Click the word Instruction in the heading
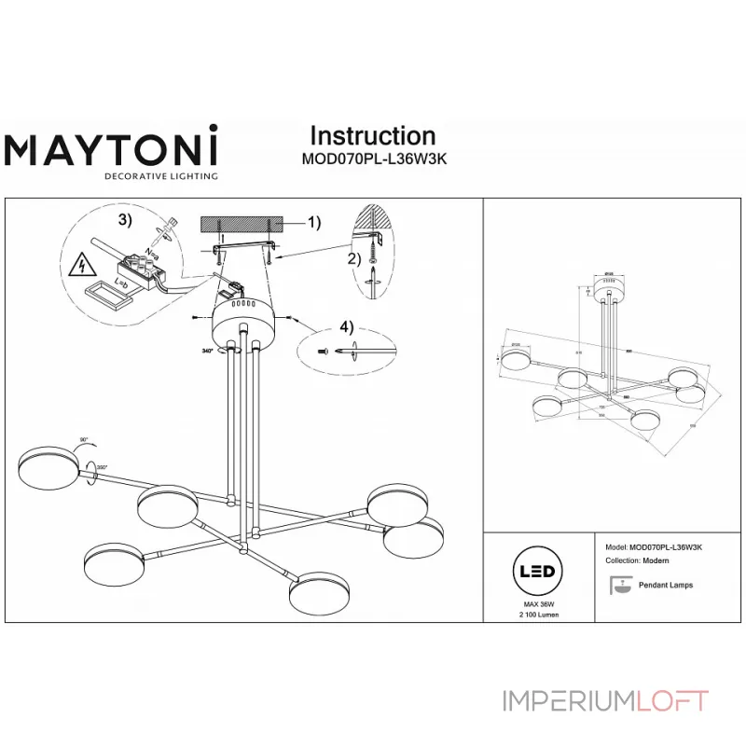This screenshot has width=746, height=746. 372,137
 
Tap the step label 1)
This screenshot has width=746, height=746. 313,222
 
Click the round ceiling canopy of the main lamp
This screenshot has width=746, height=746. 245,325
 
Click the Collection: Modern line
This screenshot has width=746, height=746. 636,562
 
